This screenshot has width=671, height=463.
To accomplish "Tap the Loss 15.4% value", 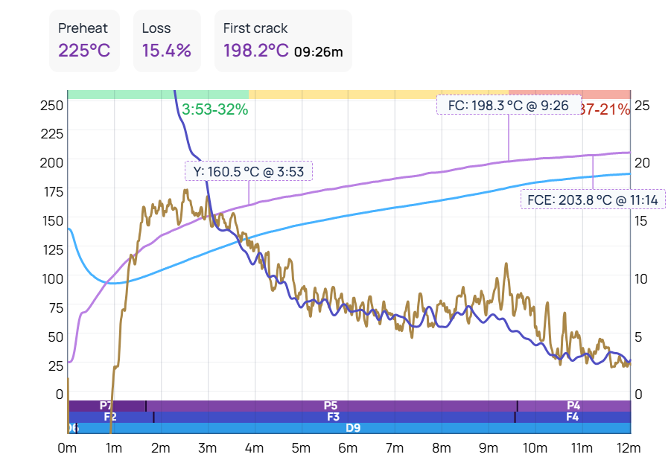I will pos(167,51).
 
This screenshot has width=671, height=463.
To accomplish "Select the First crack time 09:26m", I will pos(318,52).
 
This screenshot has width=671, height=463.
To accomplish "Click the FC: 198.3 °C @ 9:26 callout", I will pos(509,106).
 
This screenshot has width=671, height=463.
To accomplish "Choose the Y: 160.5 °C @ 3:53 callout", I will pos(249,171).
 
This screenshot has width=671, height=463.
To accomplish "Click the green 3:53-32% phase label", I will pos(214,110).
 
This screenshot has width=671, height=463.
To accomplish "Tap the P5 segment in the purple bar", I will pos(331,406).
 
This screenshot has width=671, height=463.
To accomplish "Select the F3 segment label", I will pos(334,417).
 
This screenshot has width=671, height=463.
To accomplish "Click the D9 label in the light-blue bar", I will pos(353,428).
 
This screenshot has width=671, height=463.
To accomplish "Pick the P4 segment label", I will pos(573,406).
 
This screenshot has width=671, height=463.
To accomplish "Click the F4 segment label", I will pos(572,417).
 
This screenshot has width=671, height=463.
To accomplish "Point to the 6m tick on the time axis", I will pos(348,448).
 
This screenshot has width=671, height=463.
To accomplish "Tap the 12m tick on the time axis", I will pos(629,448).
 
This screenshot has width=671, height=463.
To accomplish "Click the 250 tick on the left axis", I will pos(51,105).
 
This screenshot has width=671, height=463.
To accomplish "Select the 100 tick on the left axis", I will pos(51,278).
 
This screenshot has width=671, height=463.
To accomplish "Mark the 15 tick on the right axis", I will pos(640,220).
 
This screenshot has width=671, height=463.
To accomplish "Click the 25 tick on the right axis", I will pos(641,105).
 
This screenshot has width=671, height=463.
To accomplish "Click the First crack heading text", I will pos(255,28).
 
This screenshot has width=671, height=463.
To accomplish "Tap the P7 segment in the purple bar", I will pos(106,406).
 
